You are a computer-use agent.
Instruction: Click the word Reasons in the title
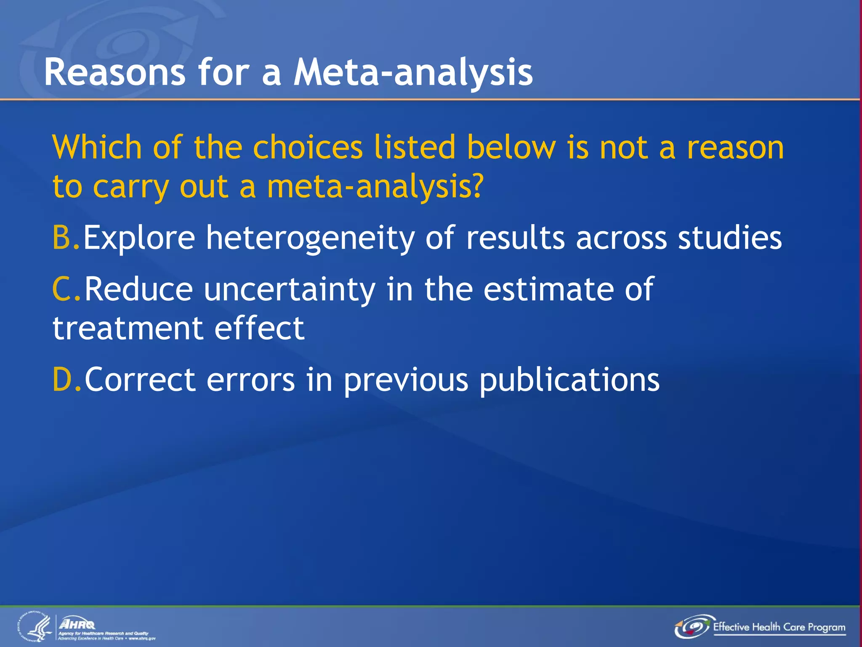click(x=114, y=72)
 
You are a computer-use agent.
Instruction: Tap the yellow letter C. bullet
click(x=67, y=289)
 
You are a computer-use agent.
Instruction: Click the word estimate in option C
click(x=548, y=289)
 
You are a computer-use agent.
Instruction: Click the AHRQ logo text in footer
click(x=78, y=623)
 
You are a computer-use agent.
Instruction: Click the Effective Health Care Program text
click(x=779, y=627)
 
